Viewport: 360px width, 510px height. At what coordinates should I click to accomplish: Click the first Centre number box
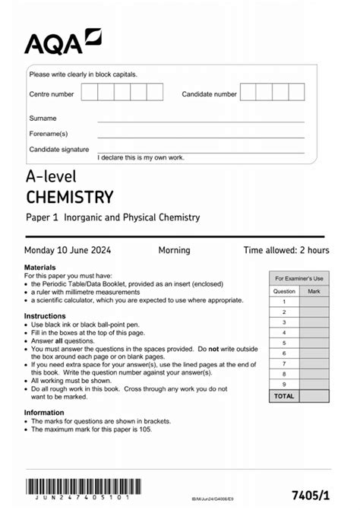point(90,93)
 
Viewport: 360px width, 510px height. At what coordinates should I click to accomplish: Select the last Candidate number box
point(296,93)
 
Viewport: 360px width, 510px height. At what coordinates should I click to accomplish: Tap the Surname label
point(43,119)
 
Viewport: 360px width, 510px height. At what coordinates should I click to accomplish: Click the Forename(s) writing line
point(201,136)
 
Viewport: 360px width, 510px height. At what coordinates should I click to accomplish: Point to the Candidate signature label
point(58,150)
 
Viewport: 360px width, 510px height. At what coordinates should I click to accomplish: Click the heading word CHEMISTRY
point(69,198)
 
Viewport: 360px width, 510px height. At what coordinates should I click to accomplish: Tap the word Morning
point(174,250)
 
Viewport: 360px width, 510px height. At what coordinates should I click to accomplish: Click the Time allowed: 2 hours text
point(286,250)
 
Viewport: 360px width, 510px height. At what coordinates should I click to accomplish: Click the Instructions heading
point(45,315)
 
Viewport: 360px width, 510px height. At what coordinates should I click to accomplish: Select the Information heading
point(44,413)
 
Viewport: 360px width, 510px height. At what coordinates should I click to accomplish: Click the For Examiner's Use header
point(298,279)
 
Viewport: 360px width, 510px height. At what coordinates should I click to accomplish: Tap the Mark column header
point(314,291)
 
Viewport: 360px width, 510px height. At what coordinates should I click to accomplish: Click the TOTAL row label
point(284,396)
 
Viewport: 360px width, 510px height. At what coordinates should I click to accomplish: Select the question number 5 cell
point(284,343)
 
